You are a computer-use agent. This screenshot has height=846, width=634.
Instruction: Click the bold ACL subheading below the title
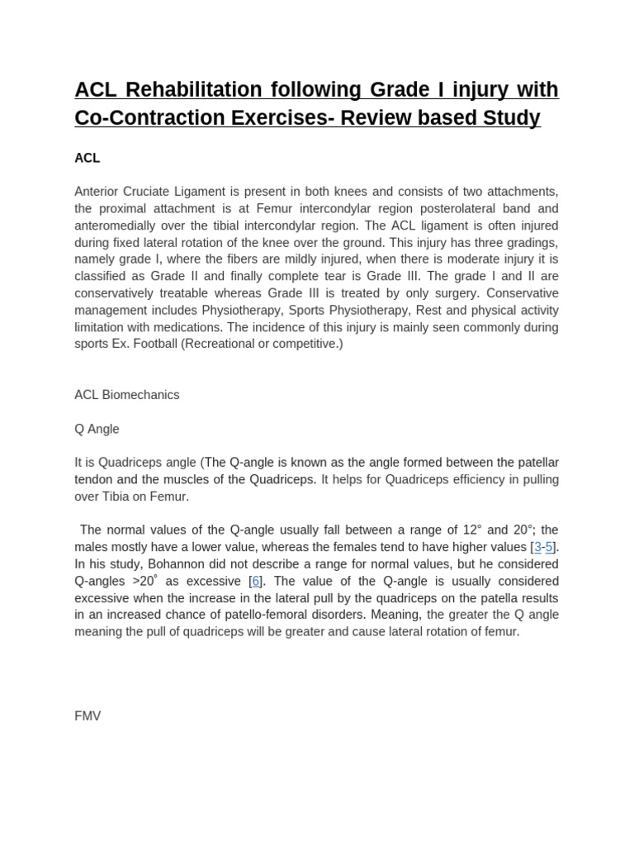pyautogui.click(x=88, y=158)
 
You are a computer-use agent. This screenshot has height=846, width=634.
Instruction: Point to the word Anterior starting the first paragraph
pyautogui.click(x=98, y=192)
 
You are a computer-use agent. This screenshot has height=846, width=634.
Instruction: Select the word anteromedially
pyautogui.click(x=118, y=226)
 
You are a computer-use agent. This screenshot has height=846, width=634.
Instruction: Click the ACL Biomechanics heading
pyautogui.click(x=127, y=395)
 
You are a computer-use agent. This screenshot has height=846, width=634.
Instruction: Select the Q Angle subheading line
pyautogui.click(x=97, y=429)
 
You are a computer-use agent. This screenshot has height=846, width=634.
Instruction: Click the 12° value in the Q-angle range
pyautogui.click(x=471, y=530)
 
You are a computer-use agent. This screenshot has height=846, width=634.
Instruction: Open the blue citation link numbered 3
pyautogui.click(x=537, y=547)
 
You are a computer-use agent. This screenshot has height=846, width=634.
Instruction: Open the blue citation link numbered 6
pyautogui.click(x=256, y=581)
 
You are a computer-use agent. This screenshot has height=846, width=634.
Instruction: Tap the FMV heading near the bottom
pyautogui.click(x=88, y=716)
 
